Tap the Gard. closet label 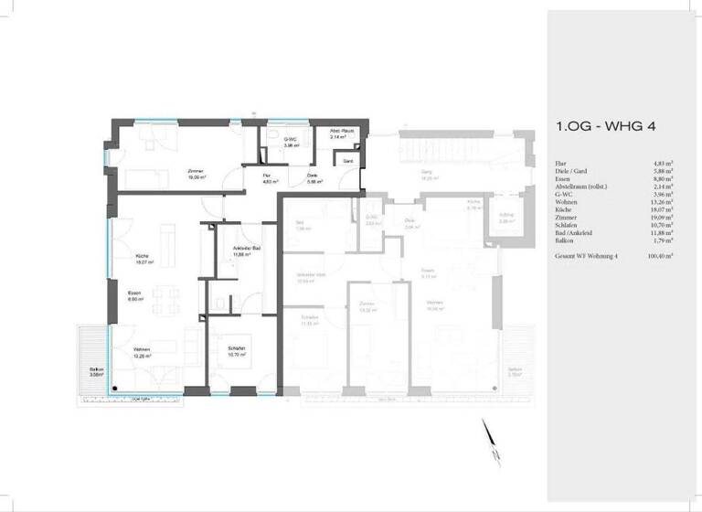tap(348, 161)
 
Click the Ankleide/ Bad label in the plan tap(238, 252)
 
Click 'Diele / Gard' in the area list tap(574, 171)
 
